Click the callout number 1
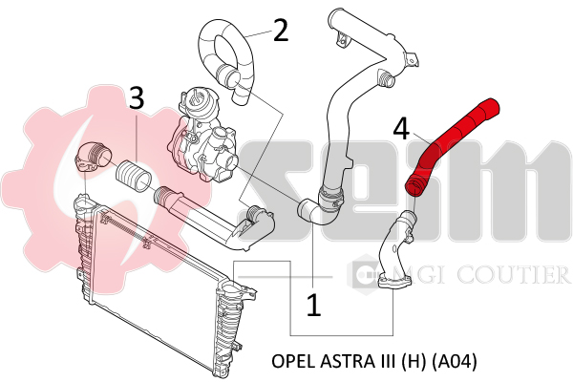[x=313, y=306]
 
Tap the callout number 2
[x=281, y=31]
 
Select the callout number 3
[x=137, y=97]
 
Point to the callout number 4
[x=401, y=129]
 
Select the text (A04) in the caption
[x=455, y=362]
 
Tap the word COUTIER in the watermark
[x=513, y=274]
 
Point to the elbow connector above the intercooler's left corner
[x=94, y=157]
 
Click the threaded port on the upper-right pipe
[x=386, y=77]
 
